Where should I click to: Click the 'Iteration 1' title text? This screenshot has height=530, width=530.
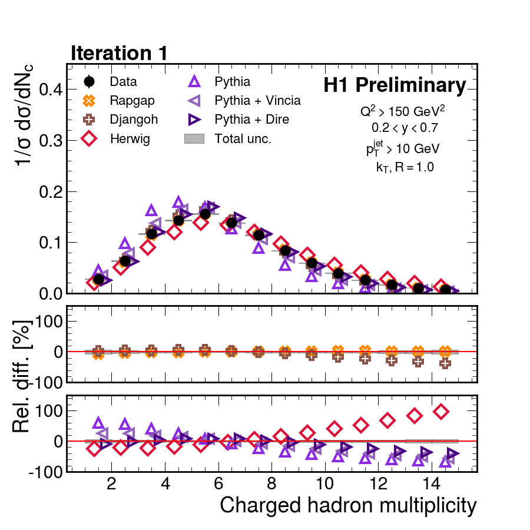click(x=120, y=53)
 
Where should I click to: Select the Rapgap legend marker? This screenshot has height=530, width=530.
click(x=89, y=101)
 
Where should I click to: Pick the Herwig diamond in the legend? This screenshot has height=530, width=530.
click(x=89, y=138)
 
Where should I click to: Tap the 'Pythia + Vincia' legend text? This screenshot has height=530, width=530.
click(x=257, y=101)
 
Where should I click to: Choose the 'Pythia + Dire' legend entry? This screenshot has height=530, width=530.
click(x=251, y=120)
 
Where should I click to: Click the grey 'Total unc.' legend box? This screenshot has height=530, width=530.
click(x=195, y=138)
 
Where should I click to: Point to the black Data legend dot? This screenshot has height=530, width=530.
click(x=89, y=82)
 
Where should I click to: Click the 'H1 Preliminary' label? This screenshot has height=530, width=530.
click(x=394, y=86)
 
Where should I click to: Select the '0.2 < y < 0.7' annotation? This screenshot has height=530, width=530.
click(x=405, y=127)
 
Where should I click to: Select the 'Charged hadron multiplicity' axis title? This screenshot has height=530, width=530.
click(x=347, y=505)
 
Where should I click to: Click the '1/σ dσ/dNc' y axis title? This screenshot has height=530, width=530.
click(x=25, y=114)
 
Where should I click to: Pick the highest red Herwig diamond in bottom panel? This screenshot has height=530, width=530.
click(x=441, y=412)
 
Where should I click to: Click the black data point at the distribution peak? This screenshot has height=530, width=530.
click(x=205, y=214)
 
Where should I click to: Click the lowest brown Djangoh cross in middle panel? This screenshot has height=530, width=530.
click(x=445, y=363)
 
